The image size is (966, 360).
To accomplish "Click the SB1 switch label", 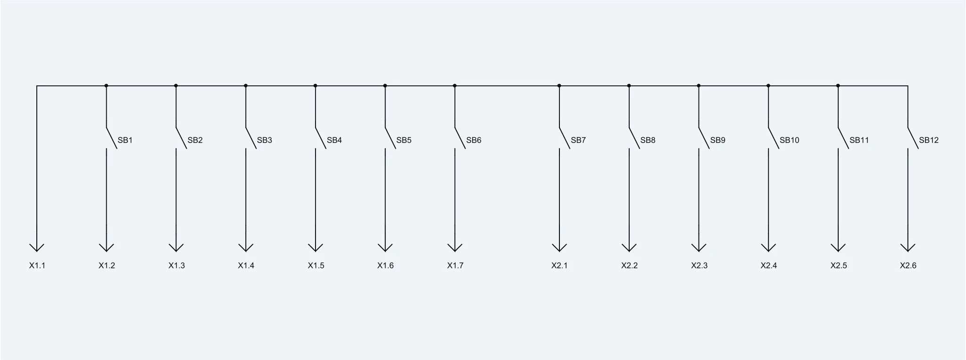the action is [125, 140].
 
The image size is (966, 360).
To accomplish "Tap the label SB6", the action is [474, 140].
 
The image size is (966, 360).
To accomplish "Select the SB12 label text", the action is [929, 140].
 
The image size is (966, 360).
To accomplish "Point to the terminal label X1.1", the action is [37, 266].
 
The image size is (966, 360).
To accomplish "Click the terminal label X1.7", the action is [455, 266].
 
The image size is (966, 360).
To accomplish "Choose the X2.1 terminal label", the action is [559, 266].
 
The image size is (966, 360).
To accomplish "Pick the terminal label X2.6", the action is [908, 266].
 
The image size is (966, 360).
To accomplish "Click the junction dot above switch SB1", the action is [106, 86].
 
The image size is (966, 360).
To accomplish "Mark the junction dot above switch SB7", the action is [559, 86].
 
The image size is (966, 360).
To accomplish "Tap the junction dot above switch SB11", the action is [838, 86].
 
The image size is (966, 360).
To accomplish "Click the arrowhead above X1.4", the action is [246, 248].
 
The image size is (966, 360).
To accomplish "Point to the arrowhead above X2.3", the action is [699, 248].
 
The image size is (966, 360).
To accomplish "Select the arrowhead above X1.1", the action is [37, 248].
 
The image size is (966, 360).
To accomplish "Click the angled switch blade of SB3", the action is [251, 138].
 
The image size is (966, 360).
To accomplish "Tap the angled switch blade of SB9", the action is [704, 138].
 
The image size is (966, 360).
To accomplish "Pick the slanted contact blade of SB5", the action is [390, 138].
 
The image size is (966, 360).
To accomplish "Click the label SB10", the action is [790, 140].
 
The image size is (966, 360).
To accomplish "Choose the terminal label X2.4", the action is [769, 266].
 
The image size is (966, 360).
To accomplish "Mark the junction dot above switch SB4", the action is [315, 86].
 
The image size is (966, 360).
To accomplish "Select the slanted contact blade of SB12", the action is [913, 138].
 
